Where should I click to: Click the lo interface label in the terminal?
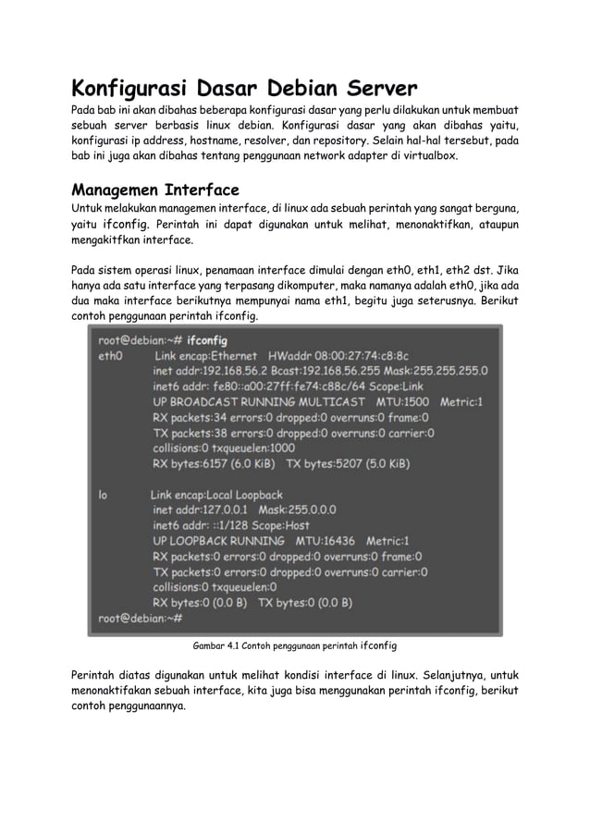click(x=103, y=495)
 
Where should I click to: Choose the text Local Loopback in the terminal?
click(x=238, y=495)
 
